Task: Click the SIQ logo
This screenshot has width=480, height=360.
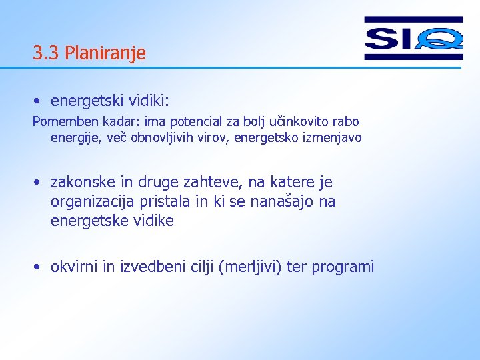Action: (x=413, y=38)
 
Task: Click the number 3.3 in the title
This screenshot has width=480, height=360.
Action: (x=46, y=53)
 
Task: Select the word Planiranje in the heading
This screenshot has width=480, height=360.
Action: (x=105, y=53)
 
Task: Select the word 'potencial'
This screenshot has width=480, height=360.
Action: (x=197, y=122)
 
